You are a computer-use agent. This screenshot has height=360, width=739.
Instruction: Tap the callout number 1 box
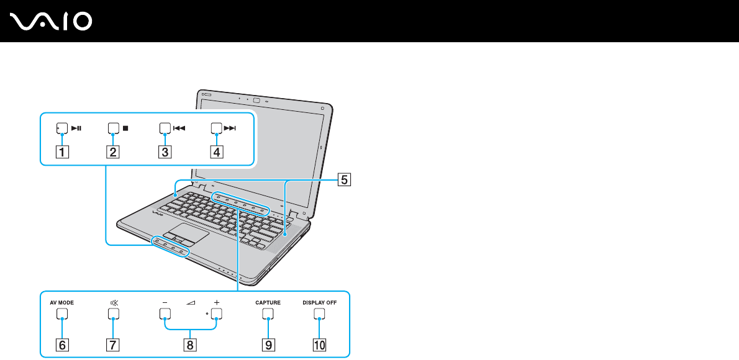click(61, 151)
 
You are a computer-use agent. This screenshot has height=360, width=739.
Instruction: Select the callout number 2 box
click(112, 151)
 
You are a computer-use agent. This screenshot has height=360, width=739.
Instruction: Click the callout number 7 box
click(112, 342)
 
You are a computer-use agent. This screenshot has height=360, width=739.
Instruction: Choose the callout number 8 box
click(190, 342)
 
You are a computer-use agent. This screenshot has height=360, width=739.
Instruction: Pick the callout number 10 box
click(319, 342)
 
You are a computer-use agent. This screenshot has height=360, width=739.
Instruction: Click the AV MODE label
click(62, 303)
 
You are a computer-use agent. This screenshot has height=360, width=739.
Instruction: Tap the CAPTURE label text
click(268, 303)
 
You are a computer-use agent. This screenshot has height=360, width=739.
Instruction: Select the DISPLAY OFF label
click(319, 303)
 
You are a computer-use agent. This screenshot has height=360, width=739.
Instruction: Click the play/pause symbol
click(76, 130)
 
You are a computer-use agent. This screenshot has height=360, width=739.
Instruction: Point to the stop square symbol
click(125, 130)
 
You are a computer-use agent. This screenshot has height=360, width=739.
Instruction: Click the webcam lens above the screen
click(256, 99)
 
